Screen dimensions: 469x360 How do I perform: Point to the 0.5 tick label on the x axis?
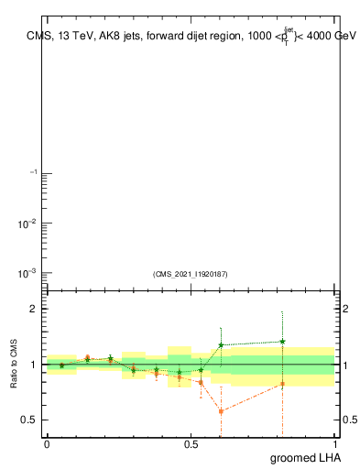point(191,444)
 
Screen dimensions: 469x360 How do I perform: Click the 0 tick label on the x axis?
point(47,444)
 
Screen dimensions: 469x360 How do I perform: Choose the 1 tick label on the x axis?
point(334,444)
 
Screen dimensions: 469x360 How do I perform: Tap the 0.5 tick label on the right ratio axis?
point(349,420)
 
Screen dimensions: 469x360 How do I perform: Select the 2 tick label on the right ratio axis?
point(347,310)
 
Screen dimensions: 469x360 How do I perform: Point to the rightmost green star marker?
point(283,342)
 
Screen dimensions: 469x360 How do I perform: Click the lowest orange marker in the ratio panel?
point(221,411)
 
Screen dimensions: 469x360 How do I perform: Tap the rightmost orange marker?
point(283,384)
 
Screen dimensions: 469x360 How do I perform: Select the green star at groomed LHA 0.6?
point(221,345)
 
